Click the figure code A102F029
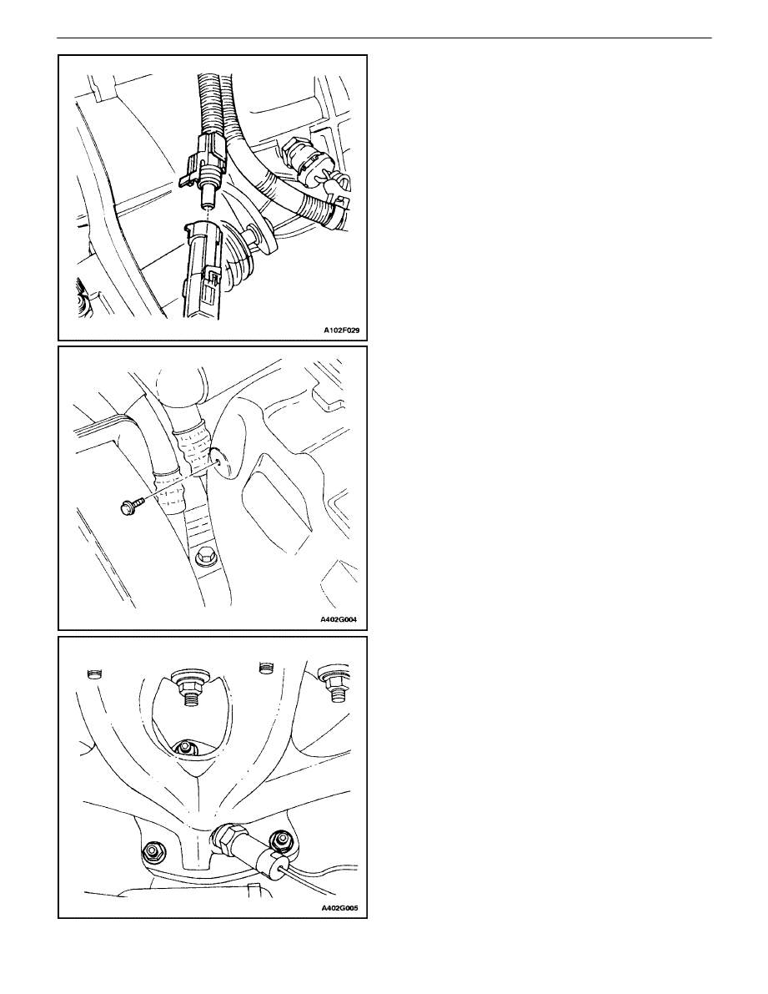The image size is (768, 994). (341, 330)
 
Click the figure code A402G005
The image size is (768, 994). (339, 908)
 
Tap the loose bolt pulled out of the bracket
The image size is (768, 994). (133, 505)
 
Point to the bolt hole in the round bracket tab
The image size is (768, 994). (218, 462)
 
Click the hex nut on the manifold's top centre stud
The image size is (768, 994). (188, 686)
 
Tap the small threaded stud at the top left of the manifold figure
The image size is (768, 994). (93, 673)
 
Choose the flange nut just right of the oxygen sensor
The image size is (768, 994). (280, 841)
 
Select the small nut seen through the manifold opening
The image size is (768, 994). (185, 748)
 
